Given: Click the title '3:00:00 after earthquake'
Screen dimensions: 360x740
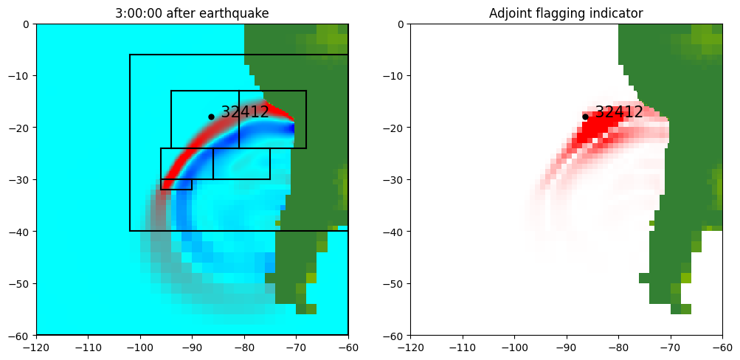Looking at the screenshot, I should click(192, 13).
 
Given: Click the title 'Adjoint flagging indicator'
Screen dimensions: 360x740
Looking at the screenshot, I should click(566, 13).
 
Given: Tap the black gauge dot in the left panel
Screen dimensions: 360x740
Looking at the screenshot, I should click(211, 117).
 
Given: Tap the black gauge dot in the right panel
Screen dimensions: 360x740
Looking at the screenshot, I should click(585, 117).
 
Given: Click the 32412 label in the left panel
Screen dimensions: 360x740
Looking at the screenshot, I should click(245, 112).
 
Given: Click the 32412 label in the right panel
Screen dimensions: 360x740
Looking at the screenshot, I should click(619, 112).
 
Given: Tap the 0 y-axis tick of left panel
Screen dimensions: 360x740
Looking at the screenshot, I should click(27, 24).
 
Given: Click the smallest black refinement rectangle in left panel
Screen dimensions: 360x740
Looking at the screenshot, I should click(176, 184).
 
